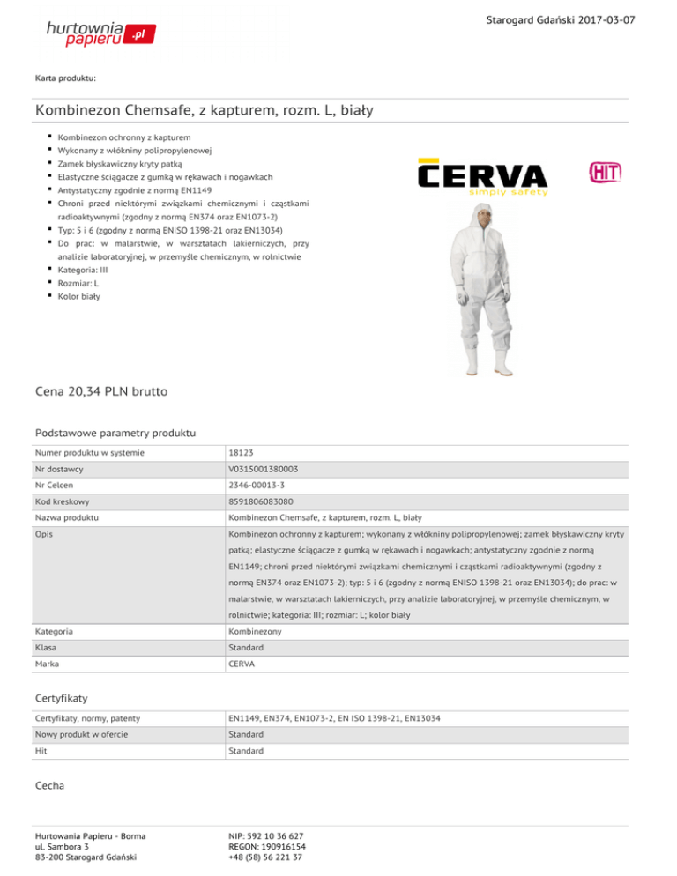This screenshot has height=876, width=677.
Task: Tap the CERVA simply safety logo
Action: [482, 176]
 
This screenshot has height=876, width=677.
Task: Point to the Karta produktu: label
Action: [66, 78]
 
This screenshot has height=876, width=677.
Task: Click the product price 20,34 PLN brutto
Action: [101, 390]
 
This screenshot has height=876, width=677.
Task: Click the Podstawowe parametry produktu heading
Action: [115, 433]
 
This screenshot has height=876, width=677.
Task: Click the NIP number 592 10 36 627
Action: [265, 835]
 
